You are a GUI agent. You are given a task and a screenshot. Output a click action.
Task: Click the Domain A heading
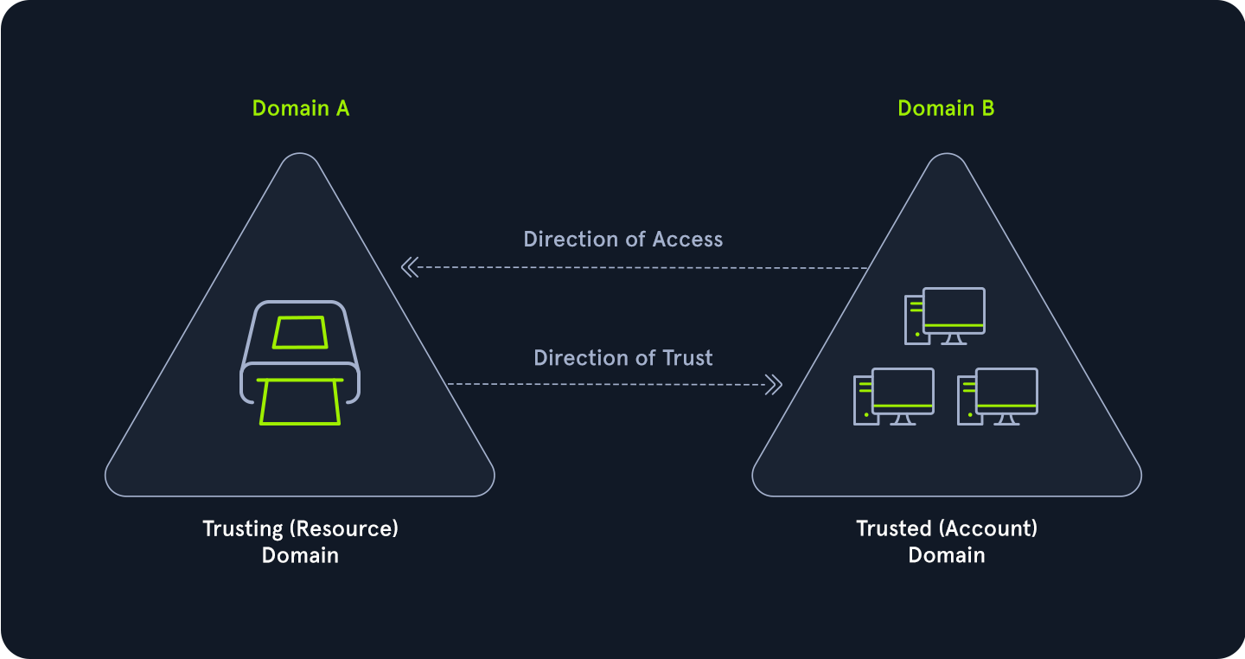(300, 108)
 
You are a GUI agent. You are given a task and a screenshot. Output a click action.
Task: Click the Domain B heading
(946, 108)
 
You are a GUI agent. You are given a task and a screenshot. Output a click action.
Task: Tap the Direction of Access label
(622, 239)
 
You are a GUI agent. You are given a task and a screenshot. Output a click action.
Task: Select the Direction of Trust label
(622, 357)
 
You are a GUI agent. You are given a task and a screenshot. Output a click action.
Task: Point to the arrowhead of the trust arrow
(774, 384)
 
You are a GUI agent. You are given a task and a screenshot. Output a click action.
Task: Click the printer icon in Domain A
(299, 363)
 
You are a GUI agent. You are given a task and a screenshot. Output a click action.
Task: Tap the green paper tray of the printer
(300, 402)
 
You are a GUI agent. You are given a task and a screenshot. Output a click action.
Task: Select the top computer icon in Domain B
(945, 317)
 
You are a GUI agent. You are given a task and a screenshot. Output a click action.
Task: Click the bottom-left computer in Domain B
(893, 397)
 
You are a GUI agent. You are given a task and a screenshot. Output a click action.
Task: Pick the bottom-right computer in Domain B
(997, 397)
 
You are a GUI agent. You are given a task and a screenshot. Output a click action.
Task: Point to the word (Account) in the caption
(990, 528)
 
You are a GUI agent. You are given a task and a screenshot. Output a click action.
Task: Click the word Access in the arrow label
(688, 239)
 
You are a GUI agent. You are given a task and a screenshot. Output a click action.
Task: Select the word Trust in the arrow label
(686, 357)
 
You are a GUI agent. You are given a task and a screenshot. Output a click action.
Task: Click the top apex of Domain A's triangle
(300, 156)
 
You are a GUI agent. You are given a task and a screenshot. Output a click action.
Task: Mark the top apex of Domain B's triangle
(947, 156)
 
